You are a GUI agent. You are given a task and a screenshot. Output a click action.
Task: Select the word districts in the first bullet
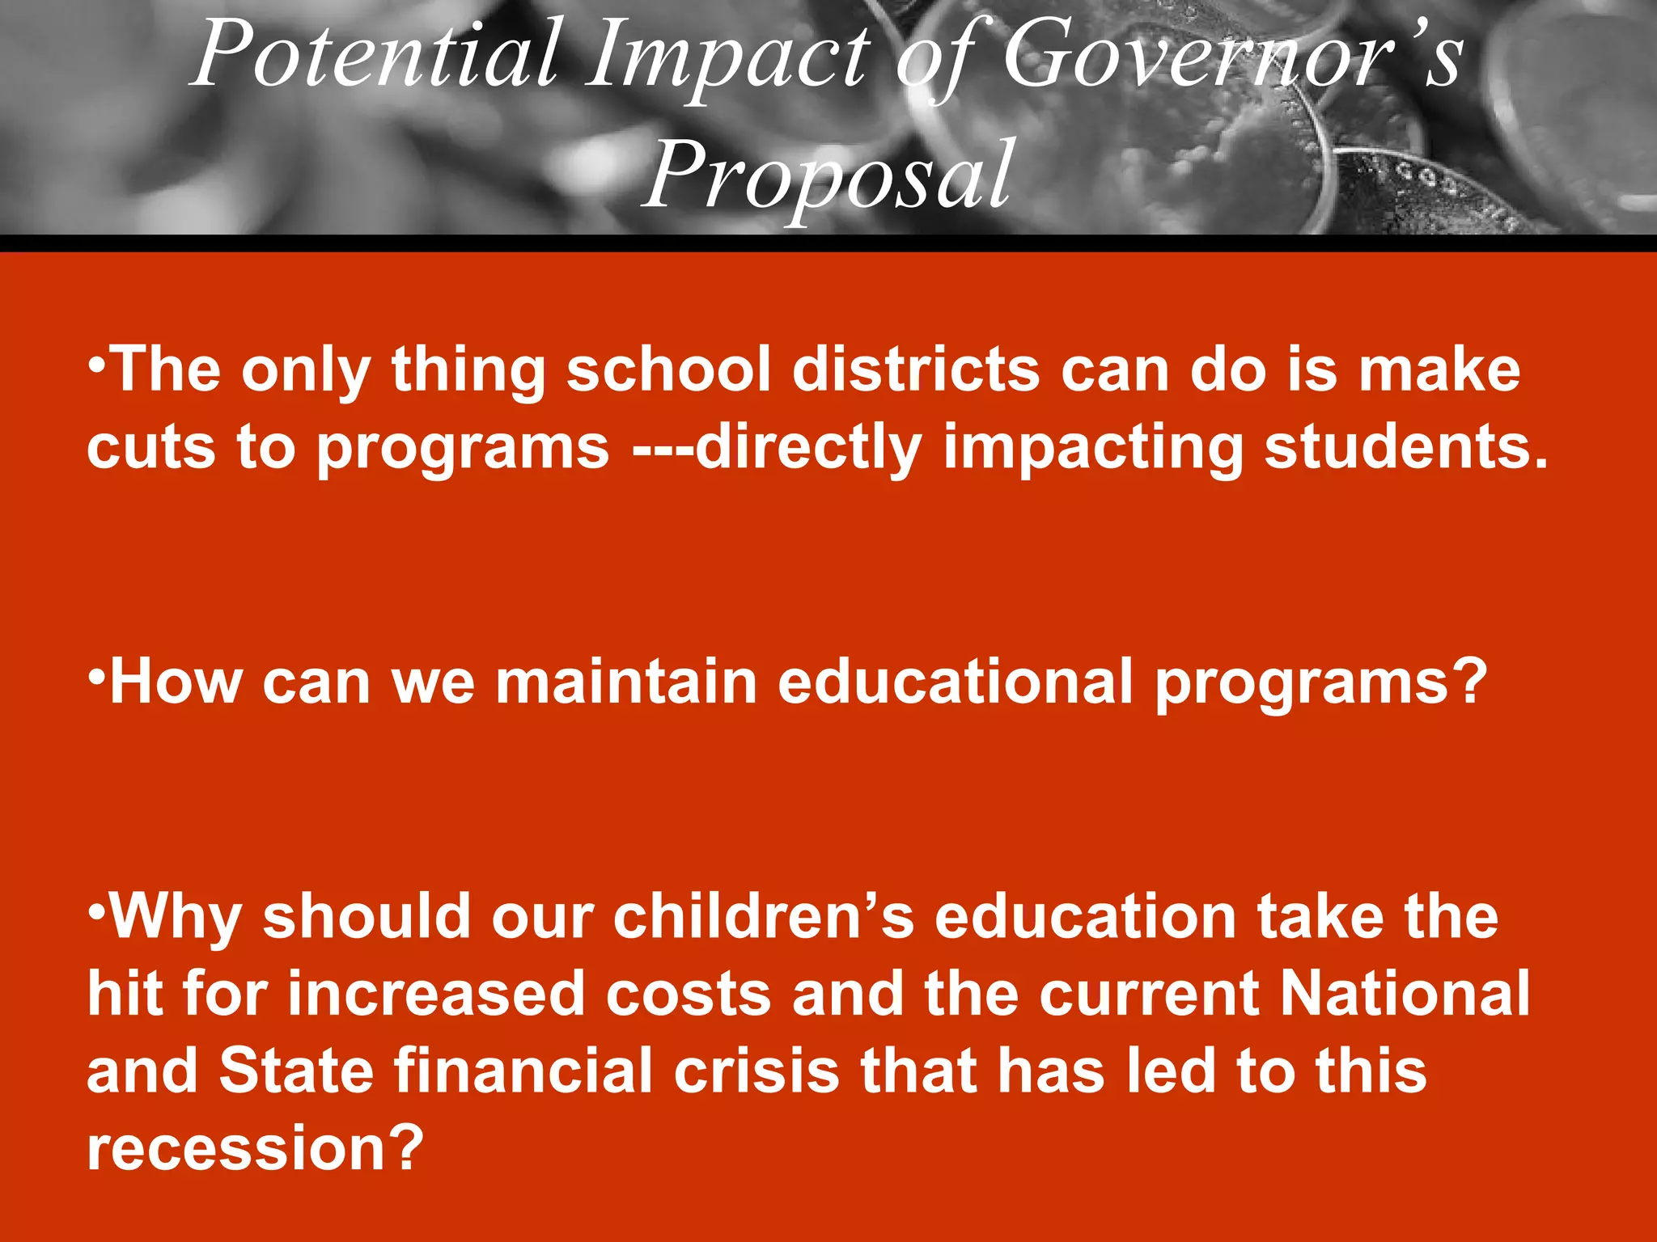915,370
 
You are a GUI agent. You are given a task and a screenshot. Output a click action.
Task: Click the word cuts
151,448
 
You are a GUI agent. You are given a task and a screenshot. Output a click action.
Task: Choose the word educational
955,682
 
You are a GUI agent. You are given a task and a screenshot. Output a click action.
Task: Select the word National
1405,994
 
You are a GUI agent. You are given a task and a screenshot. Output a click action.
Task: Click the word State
296,1071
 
